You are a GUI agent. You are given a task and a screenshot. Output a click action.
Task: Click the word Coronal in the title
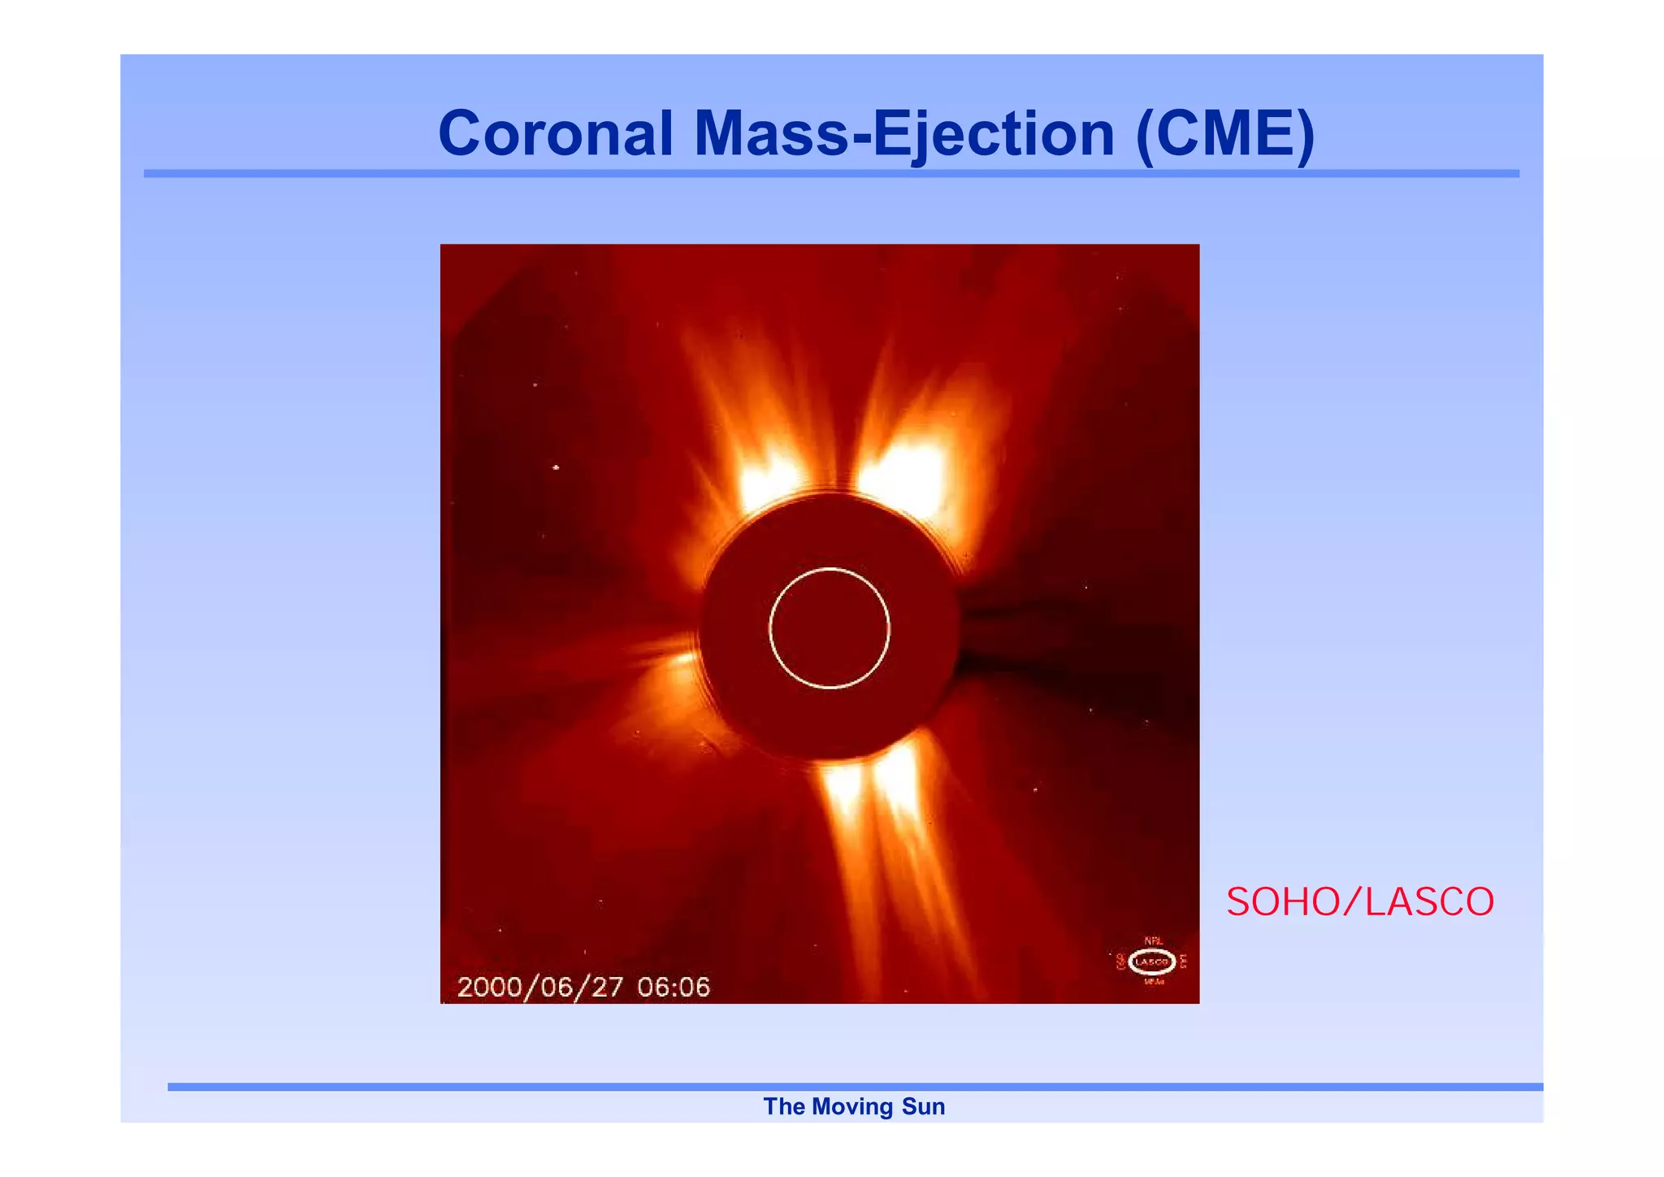point(556,133)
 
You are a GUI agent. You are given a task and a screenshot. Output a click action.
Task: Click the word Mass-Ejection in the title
point(903,133)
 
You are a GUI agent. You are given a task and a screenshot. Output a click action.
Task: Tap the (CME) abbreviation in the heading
point(1224,133)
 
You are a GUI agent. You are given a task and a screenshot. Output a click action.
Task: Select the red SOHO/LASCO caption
point(1359,902)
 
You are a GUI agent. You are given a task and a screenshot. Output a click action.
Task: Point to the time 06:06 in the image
point(674,987)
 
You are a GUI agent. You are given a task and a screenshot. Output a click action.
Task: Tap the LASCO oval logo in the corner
point(1151,962)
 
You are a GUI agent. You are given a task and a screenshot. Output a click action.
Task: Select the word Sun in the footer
point(923,1106)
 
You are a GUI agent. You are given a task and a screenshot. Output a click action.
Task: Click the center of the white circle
point(830,628)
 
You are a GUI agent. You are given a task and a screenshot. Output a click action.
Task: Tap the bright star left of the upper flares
point(557,467)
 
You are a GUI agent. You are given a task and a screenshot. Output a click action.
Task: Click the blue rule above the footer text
point(853,1087)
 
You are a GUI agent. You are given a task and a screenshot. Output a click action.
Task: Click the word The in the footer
point(783,1106)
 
